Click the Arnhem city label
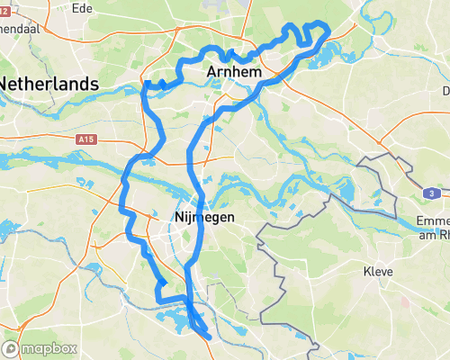pyautogui.click(x=233, y=71)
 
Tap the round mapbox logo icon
pyautogui.click(x=12, y=348)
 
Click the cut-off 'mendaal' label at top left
pyautogui.click(x=21, y=28)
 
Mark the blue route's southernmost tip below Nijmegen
pyautogui.click(x=209, y=337)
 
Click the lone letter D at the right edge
pyautogui.click(x=445, y=91)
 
